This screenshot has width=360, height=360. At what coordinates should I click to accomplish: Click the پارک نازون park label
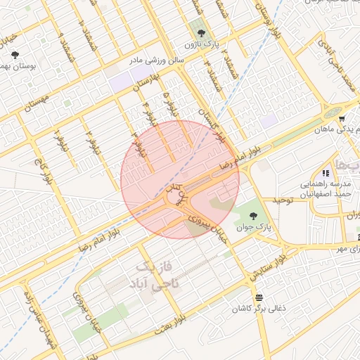198,45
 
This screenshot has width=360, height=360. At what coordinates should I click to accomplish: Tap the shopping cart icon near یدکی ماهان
341,119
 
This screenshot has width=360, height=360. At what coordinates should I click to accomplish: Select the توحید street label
281,200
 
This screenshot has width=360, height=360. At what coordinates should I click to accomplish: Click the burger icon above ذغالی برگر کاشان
259,297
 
